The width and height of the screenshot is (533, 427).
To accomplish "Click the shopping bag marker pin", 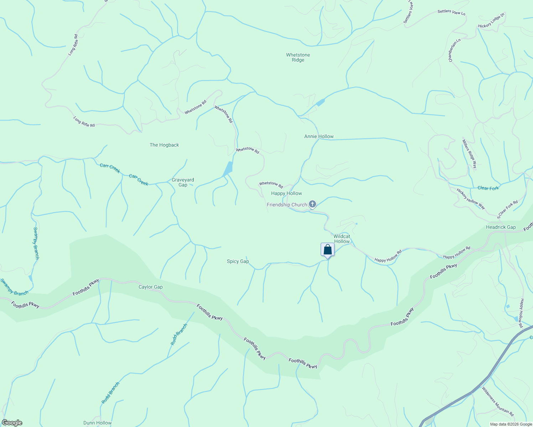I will (327, 250).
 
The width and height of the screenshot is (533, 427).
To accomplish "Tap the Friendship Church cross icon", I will (312, 204).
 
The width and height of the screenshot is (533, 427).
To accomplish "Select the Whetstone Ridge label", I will (298, 57).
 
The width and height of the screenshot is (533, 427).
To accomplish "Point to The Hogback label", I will (164, 145).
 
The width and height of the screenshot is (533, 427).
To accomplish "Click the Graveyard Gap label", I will (183, 182).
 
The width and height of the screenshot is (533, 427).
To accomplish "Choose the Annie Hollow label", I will (319, 136).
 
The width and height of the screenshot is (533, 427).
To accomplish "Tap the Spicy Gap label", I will (238, 261).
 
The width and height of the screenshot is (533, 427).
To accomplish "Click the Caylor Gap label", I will (150, 287).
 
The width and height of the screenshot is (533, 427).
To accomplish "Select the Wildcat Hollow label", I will (342, 239).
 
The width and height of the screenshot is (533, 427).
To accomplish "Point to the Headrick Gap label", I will (501, 227).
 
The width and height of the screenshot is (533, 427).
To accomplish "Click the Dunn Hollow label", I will (97, 423).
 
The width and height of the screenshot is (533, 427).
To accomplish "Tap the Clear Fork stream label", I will (488, 188).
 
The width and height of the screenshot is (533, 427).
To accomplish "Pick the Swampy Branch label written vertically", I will (36, 243).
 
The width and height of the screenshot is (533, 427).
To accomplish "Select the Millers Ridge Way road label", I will (469, 154).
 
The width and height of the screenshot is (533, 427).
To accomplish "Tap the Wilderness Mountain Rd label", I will (498, 401).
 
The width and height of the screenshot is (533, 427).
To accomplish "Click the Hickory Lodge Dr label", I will (491, 21).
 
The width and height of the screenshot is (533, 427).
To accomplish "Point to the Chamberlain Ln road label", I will (454, 50).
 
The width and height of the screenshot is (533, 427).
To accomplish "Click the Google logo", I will (12, 423).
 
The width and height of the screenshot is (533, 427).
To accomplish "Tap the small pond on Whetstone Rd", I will (228, 168).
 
